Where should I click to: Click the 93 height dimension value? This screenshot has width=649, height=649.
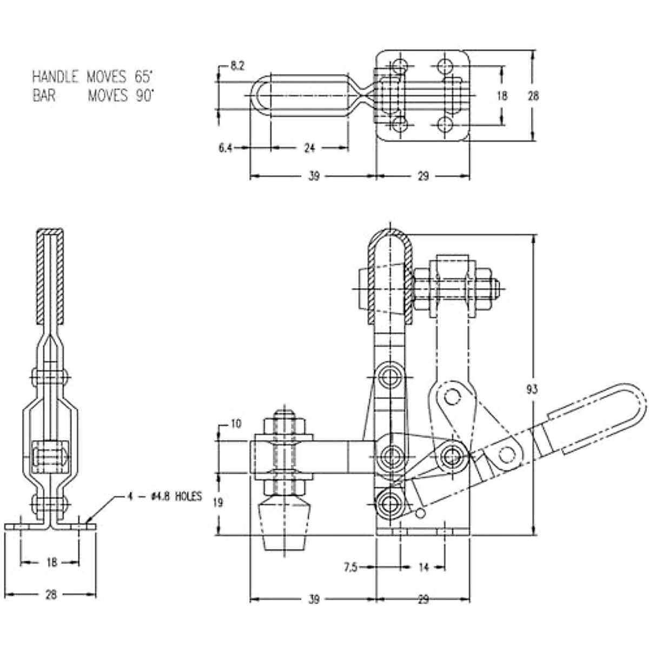(x=532, y=389)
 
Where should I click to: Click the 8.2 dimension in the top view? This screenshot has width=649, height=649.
(x=237, y=66)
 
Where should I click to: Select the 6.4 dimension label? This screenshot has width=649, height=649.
(x=226, y=148)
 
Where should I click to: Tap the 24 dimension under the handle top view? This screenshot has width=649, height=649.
(x=309, y=148)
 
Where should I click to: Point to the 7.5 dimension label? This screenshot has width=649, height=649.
(x=350, y=567)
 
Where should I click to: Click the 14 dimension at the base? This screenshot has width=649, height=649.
(x=423, y=567)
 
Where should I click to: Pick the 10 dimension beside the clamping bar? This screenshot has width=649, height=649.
(x=236, y=424)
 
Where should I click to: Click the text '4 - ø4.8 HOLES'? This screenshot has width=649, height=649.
(x=165, y=496)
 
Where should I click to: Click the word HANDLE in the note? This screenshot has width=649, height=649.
(x=55, y=76)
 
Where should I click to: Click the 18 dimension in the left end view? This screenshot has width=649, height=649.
(x=51, y=562)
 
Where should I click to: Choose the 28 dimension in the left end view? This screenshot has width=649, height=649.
(x=51, y=595)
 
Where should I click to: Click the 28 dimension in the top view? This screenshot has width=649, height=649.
(x=533, y=96)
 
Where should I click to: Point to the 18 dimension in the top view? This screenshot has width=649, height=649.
(x=502, y=96)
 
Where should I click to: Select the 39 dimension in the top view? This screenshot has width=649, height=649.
(x=314, y=176)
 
